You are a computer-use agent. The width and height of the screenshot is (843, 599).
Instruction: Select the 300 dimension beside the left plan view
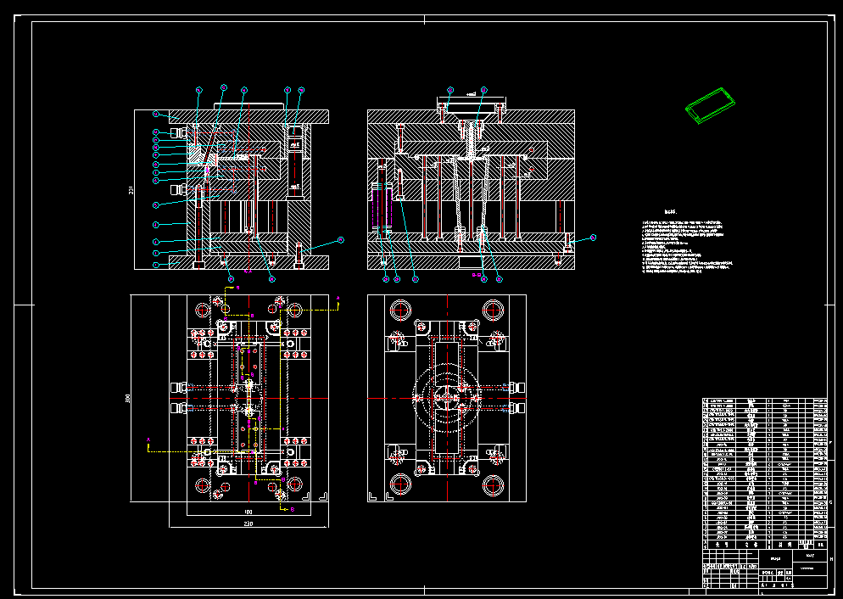(x=127, y=398)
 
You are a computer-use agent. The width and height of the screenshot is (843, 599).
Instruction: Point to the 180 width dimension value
(x=248, y=512)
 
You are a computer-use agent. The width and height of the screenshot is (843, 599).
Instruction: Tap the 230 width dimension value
(x=248, y=524)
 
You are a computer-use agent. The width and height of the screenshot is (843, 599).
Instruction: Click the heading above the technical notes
(x=672, y=214)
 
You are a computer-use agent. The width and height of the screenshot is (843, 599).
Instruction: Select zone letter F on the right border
(x=830, y=443)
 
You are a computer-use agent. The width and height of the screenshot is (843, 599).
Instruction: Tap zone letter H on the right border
(x=830, y=559)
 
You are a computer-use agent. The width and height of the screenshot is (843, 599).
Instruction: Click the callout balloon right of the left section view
(x=341, y=240)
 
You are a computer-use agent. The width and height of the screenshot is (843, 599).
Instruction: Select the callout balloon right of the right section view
(x=594, y=238)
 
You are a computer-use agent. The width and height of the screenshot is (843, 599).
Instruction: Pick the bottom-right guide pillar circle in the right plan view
(x=493, y=485)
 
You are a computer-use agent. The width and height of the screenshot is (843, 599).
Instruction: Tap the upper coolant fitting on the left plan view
(x=178, y=388)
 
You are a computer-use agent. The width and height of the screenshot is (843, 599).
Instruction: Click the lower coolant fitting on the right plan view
(x=516, y=408)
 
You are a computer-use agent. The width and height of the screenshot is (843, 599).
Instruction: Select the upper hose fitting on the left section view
(x=178, y=133)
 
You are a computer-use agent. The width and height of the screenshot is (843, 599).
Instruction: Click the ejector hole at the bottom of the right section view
(x=472, y=263)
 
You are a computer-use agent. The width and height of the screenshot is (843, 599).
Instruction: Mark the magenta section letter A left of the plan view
(x=148, y=439)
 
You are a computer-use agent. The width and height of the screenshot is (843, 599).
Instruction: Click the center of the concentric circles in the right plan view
(x=446, y=396)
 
